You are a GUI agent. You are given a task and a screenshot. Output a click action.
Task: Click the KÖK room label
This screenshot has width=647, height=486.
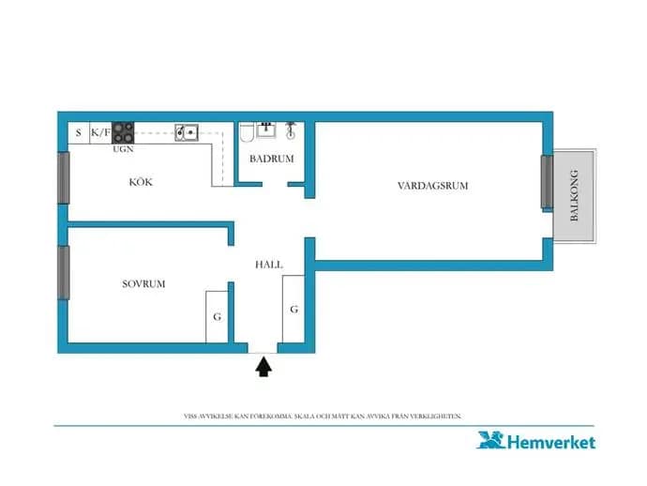click(141, 182)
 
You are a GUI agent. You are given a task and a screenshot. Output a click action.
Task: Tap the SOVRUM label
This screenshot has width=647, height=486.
click(143, 283)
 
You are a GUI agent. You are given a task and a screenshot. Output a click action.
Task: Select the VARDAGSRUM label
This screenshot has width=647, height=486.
click(433, 186)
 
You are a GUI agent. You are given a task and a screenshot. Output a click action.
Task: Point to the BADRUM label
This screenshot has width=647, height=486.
click(272, 159)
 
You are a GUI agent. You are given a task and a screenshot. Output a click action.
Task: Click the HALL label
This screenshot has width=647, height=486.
click(269, 265)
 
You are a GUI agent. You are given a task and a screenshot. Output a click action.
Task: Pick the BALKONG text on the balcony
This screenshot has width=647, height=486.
click(574, 195)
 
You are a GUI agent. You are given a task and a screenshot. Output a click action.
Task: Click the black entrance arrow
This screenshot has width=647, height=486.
click(263, 367)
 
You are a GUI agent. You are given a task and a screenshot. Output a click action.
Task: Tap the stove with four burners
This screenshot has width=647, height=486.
click(123, 132)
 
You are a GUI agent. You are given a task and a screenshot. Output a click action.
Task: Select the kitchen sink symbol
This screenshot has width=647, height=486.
click(187, 132)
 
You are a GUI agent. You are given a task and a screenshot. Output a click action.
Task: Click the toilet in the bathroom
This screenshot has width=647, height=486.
click(247, 132)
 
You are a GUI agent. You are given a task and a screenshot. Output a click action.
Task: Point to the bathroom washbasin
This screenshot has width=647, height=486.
click(266, 129)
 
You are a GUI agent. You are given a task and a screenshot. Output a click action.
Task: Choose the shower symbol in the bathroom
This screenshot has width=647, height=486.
click(291, 130)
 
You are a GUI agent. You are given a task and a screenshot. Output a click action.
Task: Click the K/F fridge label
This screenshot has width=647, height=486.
click(100, 132)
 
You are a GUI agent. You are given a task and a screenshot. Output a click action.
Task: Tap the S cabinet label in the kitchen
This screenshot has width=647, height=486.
click(79, 133)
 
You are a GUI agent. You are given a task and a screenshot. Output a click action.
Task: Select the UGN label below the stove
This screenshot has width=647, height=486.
click(123, 149)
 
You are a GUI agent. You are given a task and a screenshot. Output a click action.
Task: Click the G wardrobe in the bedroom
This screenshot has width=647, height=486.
click(217, 317)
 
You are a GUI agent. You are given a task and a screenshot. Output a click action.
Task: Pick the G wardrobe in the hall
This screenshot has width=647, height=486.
click(293, 309)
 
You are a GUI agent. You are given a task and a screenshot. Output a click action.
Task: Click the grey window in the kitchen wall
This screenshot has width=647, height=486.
click(63, 177)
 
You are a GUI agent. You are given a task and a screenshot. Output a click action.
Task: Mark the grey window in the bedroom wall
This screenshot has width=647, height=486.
click(63, 272)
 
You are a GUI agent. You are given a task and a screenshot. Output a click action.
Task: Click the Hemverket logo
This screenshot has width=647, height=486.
click(536, 441)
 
